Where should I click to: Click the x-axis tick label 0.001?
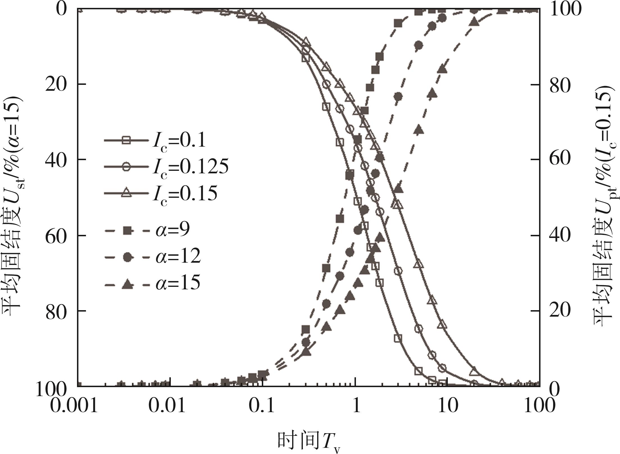pyautogui.click(x=74, y=405)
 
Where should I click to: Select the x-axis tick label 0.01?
pyautogui.click(x=167, y=405)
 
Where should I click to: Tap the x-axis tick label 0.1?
pyautogui.click(x=262, y=405)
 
